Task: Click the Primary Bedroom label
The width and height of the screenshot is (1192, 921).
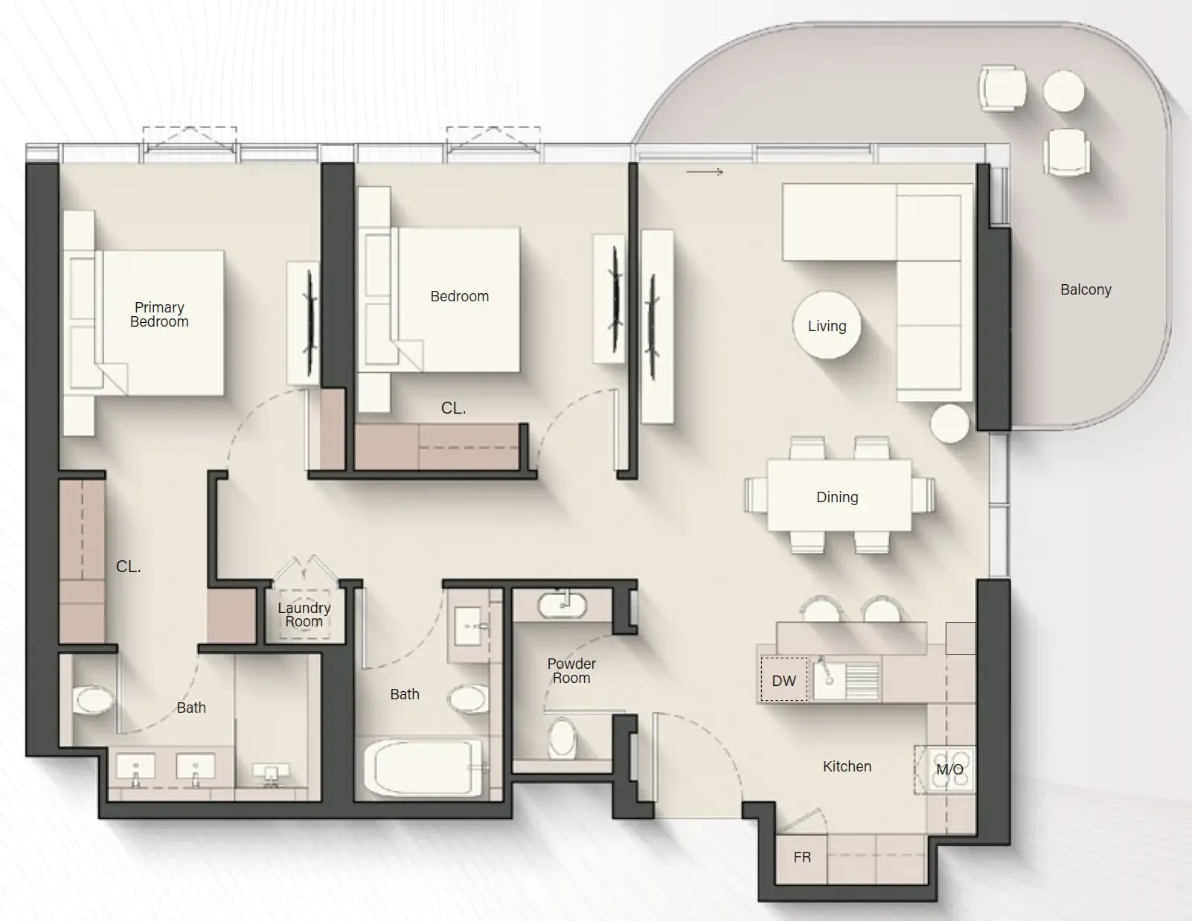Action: point(159,315)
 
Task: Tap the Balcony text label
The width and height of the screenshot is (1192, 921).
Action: point(1086,289)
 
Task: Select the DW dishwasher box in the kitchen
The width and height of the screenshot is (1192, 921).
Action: point(784,680)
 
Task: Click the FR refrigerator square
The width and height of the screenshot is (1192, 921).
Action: point(801,857)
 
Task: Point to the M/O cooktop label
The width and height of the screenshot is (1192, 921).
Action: point(949,769)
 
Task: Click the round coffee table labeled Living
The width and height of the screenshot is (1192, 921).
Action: point(827,326)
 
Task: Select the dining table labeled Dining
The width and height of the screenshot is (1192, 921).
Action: point(838,496)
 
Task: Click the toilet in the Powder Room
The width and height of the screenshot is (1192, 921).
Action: point(563,738)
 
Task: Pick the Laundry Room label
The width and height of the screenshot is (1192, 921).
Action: point(304,614)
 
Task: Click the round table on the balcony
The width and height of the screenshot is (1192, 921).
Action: point(1063,91)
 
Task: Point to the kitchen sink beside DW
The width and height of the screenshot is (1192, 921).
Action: point(829,679)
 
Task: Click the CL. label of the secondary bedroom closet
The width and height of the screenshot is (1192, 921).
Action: point(453,408)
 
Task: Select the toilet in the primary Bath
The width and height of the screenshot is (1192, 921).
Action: point(93,700)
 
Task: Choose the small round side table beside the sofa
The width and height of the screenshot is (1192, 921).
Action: point(949,423)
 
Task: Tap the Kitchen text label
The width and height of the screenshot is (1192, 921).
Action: point(847,766)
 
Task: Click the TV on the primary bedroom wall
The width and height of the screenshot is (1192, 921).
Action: point(310,322)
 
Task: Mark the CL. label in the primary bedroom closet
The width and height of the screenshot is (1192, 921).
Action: point(128,566)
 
